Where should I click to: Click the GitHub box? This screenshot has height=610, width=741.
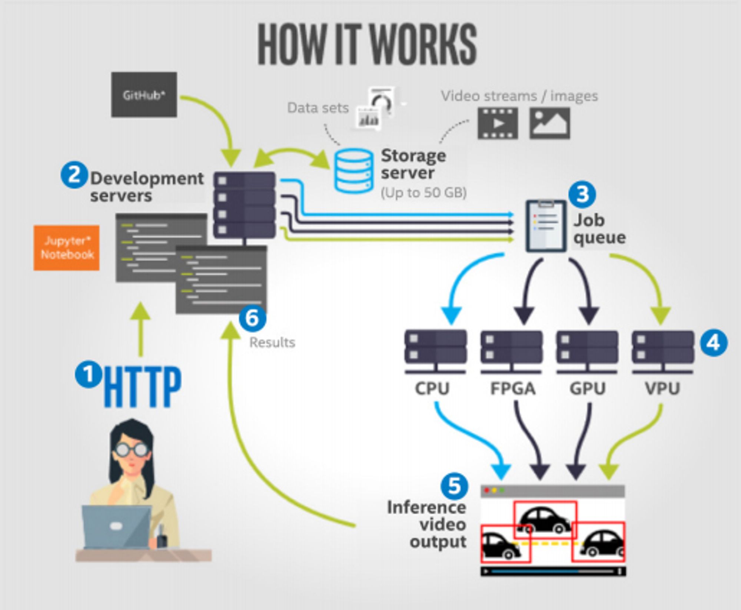[144, 95]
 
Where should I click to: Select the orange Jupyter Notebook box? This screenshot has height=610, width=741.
[67, 248]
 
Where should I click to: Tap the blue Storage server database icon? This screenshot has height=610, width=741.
[354, 171]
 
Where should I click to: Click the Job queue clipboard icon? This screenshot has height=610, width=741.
[546, 226]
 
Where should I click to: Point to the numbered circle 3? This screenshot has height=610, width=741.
[582, 194]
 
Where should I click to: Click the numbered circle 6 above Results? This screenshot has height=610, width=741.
[252, 318]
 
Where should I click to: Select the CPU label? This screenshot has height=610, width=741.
[432, 389]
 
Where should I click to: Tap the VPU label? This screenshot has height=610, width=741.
[662, 389]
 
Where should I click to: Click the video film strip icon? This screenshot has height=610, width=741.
[498, 123]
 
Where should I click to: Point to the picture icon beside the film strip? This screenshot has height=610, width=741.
[550, 123]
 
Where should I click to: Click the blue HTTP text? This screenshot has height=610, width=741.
[143, 387]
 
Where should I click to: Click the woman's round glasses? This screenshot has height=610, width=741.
[131, 450]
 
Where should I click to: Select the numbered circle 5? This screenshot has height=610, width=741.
[454, 486]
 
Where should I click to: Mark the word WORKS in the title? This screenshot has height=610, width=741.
[423, 44]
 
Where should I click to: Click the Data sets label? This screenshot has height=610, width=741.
[318, 108]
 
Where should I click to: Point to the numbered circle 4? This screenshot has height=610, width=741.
[714, 343]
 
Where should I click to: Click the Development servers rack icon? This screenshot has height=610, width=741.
[245, 206]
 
